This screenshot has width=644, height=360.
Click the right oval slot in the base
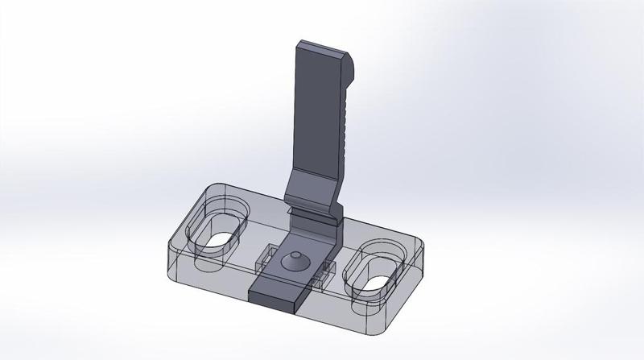point(374,268)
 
